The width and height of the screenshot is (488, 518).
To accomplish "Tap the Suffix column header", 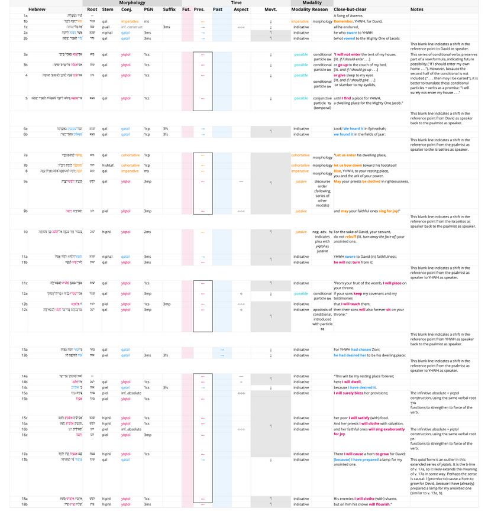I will pos(169,9).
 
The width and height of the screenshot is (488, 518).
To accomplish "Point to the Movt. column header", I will pos(270,9).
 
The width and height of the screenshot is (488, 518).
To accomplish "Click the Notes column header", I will pos(417,9).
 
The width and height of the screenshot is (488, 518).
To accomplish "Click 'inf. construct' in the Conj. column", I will pos(131,27).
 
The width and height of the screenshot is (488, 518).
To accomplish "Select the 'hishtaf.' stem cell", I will pos(108,166).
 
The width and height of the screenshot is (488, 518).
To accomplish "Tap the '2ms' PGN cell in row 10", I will pos(147,232).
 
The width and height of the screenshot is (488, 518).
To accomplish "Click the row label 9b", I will pos(25,211).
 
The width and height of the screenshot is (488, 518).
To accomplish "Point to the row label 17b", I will pos(25,459).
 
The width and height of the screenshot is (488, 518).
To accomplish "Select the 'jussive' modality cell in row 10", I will pos(301,232).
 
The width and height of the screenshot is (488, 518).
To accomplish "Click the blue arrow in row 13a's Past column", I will pos(222,349).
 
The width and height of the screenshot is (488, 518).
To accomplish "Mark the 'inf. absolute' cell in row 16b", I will pos(130,429).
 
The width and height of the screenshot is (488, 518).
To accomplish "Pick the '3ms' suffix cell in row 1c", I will pos(167,27).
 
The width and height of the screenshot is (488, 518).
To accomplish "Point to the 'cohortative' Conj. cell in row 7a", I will pos(130,156).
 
